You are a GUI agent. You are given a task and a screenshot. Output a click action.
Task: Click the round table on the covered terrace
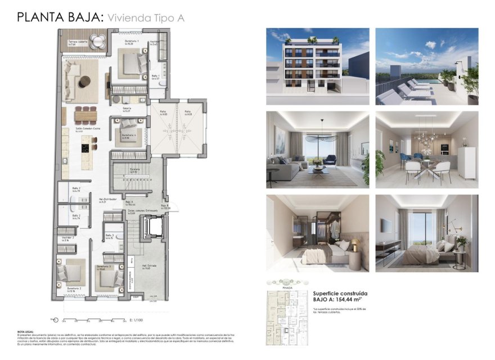[98, 40]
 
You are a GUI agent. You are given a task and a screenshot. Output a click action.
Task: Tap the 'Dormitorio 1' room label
[132, 42]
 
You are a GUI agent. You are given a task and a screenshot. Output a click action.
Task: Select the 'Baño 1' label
[156, 76]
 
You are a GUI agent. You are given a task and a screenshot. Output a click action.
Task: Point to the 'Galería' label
[127, 109]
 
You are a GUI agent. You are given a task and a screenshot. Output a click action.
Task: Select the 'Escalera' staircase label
[134, 169]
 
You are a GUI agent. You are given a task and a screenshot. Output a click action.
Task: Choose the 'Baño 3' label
[110, 236]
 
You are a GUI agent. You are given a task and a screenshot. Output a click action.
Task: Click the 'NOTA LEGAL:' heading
[25, 332]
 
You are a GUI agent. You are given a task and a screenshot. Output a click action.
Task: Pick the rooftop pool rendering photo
[426, 66]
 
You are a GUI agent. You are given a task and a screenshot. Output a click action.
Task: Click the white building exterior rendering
[318, 66]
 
